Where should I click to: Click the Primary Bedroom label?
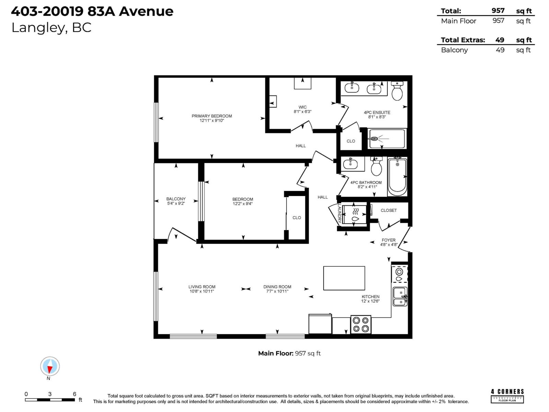[212, 116]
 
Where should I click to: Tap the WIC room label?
[302, 107]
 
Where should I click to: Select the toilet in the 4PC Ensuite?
[397, 91]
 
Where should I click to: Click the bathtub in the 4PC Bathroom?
[397, 177]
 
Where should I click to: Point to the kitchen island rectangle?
[344, 278]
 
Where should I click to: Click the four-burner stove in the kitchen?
[361, 324]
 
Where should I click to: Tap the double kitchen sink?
[400, 296]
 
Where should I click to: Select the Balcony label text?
[176, 199]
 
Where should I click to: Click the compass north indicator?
[50, 366]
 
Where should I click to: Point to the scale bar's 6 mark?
[74, 394]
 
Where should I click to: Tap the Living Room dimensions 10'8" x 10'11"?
[202, 291]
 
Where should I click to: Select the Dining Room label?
[277, 287]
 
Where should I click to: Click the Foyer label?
[388, 240]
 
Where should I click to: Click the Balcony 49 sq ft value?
[500, 50]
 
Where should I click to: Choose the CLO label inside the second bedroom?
[297, 218]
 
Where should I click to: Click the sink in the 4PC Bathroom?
[350, 163]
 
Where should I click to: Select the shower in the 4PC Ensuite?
[387, 139]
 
